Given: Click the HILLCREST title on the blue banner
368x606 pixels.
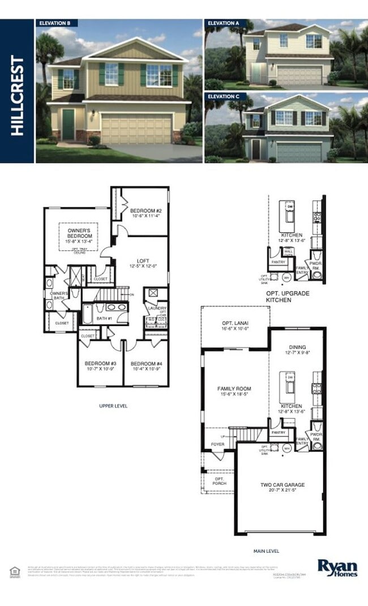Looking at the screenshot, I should [x=18, y=95].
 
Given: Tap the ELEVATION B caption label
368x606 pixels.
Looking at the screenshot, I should [x=54, y=23].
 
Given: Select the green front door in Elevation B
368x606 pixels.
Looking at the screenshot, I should [x=68, y=125].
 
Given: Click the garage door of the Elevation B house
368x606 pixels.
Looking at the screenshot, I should [x=136, y=129].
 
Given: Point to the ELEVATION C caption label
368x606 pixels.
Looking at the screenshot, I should [x=223, y=97].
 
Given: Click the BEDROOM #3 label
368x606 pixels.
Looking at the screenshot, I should [x=100, y=364].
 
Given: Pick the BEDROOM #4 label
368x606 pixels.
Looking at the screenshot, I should [x=146, y=364].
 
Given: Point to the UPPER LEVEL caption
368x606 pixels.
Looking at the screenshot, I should [x=114, y=406].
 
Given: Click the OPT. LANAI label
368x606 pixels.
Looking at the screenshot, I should [x=234, y=323].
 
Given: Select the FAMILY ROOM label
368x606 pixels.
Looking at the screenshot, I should [x=234, y=389].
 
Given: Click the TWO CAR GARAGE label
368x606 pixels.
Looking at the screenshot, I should [x=282, y=485].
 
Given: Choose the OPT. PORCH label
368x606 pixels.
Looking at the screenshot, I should [x=220, y=480].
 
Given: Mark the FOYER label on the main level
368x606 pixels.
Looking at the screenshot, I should [x=217, y=445].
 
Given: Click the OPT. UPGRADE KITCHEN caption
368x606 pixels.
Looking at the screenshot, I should [x=286, y=297].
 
